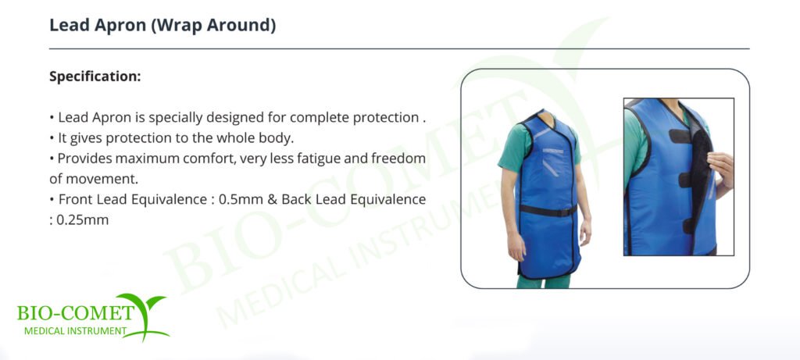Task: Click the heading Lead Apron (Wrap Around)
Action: (162, 26)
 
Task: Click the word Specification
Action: (94, 77)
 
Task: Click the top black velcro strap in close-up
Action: (680, 136)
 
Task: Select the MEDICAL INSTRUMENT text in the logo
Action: (75, 331)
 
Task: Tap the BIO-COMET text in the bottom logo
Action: (75, 312)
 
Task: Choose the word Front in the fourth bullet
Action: (74, 199)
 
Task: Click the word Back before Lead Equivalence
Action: (296, 199)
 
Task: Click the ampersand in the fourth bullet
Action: (272, 199)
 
